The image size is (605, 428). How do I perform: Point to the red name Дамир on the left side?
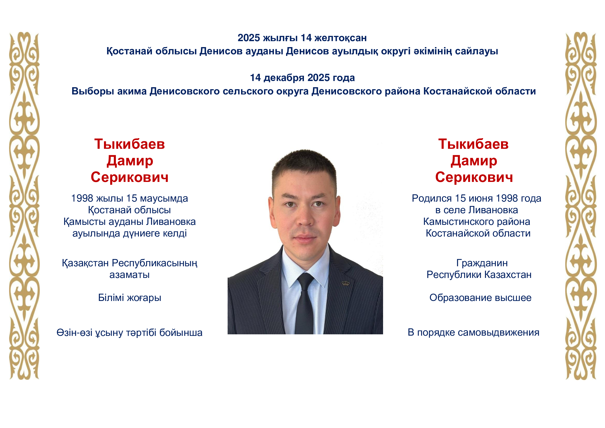point(130,160)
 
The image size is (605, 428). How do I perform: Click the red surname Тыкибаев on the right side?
point(474,144)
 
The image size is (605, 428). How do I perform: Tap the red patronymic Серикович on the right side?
point(474,177)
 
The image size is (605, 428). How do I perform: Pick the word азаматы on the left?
point(129,275)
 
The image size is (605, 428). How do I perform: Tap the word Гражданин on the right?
point(482,263)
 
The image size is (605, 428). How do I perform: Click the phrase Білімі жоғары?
point(129,298)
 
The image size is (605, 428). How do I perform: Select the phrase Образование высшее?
point(480,298)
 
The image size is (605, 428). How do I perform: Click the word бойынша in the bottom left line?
point(181,333)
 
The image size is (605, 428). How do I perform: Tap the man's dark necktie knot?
point(305,281)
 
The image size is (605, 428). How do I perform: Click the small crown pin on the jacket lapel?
point(346,283)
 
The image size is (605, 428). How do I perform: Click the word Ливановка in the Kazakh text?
point(171,222)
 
